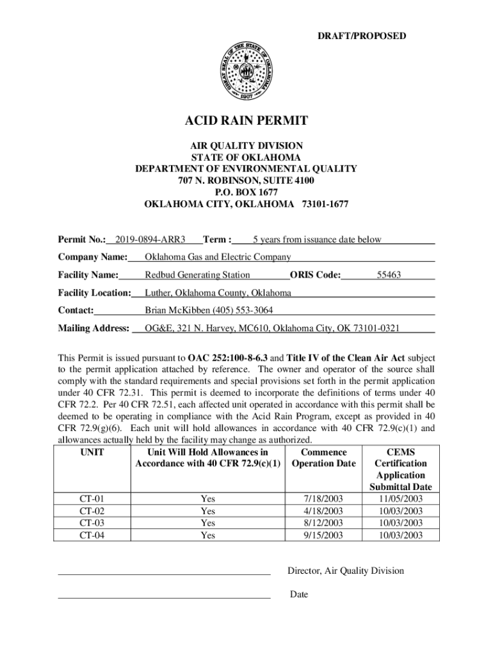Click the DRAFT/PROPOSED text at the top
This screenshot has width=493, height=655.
click(362, 36)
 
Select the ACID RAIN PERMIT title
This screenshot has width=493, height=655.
click(246, 120)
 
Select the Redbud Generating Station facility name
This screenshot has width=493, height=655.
click(197, 275)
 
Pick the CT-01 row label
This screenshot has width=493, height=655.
click(92, 499)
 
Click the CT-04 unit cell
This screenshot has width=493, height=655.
click(92, 535)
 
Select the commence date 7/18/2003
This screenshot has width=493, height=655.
click(324, 499)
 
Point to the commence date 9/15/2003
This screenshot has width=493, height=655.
click(324, 535)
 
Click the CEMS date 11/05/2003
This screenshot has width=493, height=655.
click(401, 499)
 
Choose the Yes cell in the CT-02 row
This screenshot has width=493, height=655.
click(207, 511)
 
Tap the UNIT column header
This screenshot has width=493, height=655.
click(92, 452)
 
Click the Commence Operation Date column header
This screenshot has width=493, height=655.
click(323, 458)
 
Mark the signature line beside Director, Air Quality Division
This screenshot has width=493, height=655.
click(164, 574)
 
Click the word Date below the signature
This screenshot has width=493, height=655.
click(298, 595)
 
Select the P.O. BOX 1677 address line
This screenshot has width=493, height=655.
click(246, 192)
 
